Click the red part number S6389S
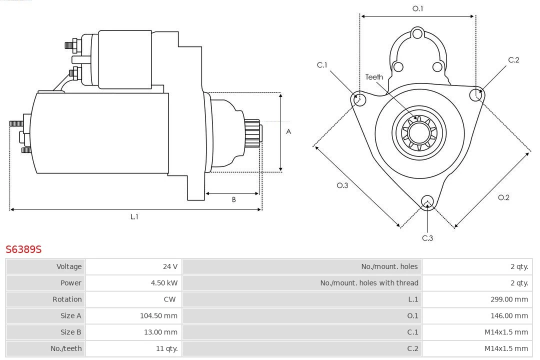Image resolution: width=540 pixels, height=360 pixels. [23, 249]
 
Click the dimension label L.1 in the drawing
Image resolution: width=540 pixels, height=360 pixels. [134, 216]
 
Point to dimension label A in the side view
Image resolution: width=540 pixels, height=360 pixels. [288, 132]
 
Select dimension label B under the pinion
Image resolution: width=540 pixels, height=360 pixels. [233, 200]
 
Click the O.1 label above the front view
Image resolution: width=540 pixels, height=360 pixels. [417, 8]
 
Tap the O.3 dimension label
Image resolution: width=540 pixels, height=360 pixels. [342, 185]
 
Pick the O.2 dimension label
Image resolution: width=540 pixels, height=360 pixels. [503, 197]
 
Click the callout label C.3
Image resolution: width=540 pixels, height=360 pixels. [427, 238]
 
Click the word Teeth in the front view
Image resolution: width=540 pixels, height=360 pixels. [374, 77]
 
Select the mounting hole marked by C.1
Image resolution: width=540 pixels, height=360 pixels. [358, 99]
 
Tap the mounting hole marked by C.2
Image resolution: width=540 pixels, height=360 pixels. [475, 94]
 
